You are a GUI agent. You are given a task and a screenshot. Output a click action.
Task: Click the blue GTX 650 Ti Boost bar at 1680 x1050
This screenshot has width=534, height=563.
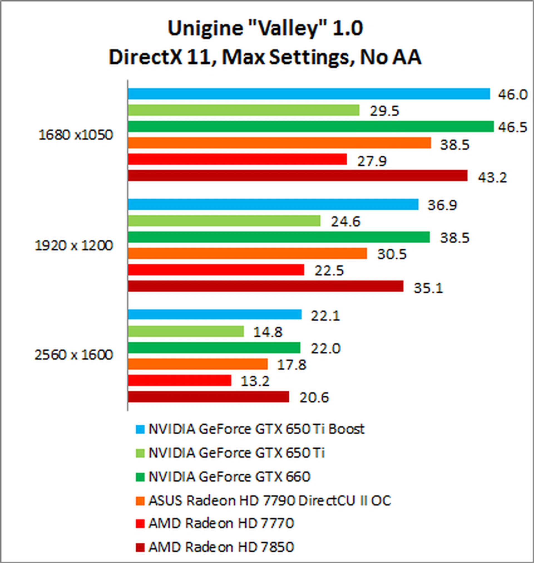point(309,94)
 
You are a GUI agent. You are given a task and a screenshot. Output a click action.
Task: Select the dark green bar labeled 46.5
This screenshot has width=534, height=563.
point(311,126)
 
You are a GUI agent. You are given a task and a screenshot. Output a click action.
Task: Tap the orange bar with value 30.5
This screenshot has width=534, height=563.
point(247,253)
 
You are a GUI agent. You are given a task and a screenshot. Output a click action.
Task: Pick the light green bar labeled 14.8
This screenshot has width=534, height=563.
point(186,331)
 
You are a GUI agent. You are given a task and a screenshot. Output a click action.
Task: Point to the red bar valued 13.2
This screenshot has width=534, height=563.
point(180,380)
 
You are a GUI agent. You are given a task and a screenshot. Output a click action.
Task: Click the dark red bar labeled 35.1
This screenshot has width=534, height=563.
point(266,286)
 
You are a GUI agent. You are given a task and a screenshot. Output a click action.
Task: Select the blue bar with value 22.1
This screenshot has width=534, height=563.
point(215,314)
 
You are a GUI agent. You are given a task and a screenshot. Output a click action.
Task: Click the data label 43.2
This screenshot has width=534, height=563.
point(493,178)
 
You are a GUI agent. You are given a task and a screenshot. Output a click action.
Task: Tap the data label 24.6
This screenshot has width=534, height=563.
point(345,221)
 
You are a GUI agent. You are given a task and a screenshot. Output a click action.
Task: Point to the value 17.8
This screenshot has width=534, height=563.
point(292,365)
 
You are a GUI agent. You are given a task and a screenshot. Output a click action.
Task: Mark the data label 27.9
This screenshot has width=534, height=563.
point(372,161)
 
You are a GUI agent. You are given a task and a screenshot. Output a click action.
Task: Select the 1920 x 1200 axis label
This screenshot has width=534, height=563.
point(74,246)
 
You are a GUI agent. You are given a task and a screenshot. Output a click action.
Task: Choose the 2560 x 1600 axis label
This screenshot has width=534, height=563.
point(74,355)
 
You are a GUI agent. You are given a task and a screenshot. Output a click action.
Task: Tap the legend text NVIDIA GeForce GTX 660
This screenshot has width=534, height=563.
point(229,477)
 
